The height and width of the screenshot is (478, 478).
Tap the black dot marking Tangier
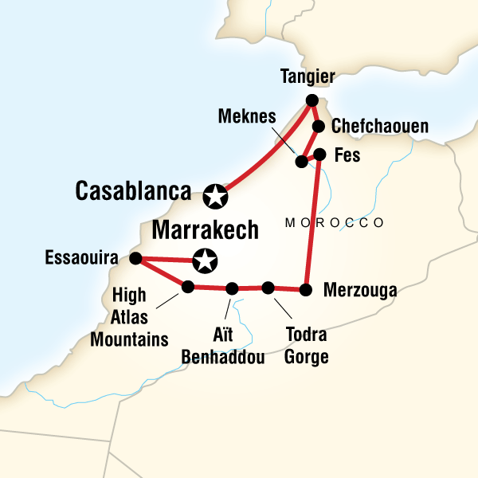(x=311, y=100)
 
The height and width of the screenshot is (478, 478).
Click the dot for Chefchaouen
(x=318, y=127)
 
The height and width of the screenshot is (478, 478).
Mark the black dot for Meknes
(x=301, y=162)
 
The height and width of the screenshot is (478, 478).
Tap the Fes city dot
(x=319, y=154)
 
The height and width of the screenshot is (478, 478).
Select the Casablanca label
(x=133, y=191)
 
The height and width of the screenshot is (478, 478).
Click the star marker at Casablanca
(x=214, y=194)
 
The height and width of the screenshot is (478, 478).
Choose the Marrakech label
(x=205, y=230)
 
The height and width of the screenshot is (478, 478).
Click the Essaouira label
(x=82, y=258)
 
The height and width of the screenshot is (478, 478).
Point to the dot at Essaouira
(x=135, y=258)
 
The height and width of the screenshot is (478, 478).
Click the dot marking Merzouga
(x=305, y=289)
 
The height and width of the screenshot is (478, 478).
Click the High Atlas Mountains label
(x=130, y=317)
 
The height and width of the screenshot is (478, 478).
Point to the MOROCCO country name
(x=335, y=222)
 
